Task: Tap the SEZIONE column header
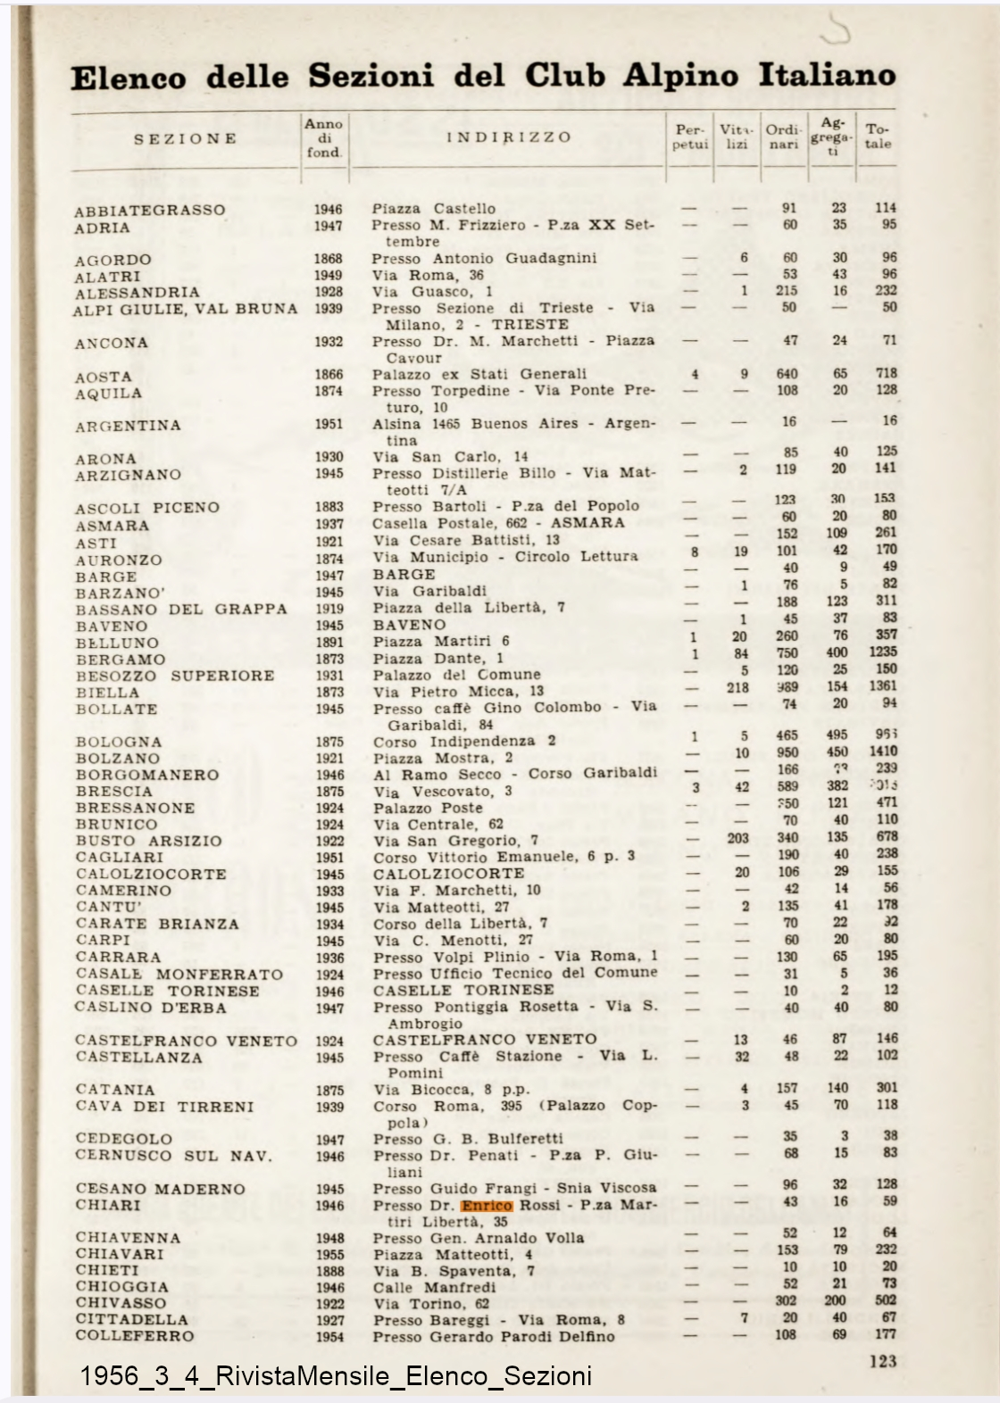(x=186, y=139)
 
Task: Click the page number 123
(x=882, y=1361)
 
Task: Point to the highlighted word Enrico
(x=487, y=1205)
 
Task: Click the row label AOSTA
(x=104, y=377)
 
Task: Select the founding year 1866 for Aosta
(x=329, y=375)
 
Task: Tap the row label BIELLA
(x=107, y=693)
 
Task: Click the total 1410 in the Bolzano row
(x=882, y=751)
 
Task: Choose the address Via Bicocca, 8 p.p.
(x=451, y=1090)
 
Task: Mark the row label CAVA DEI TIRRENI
(x=164, y=1107)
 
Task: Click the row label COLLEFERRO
(x=135, y=1336)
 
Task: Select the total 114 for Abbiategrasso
(x=885, y=208)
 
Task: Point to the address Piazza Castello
(x=434, y=209)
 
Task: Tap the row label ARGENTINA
(x=128, y=426)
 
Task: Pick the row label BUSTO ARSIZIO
(x=148, y=841)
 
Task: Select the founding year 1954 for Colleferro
(x=329, y=1337)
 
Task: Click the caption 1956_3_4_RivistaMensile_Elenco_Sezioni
(x=336, y=1375)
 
